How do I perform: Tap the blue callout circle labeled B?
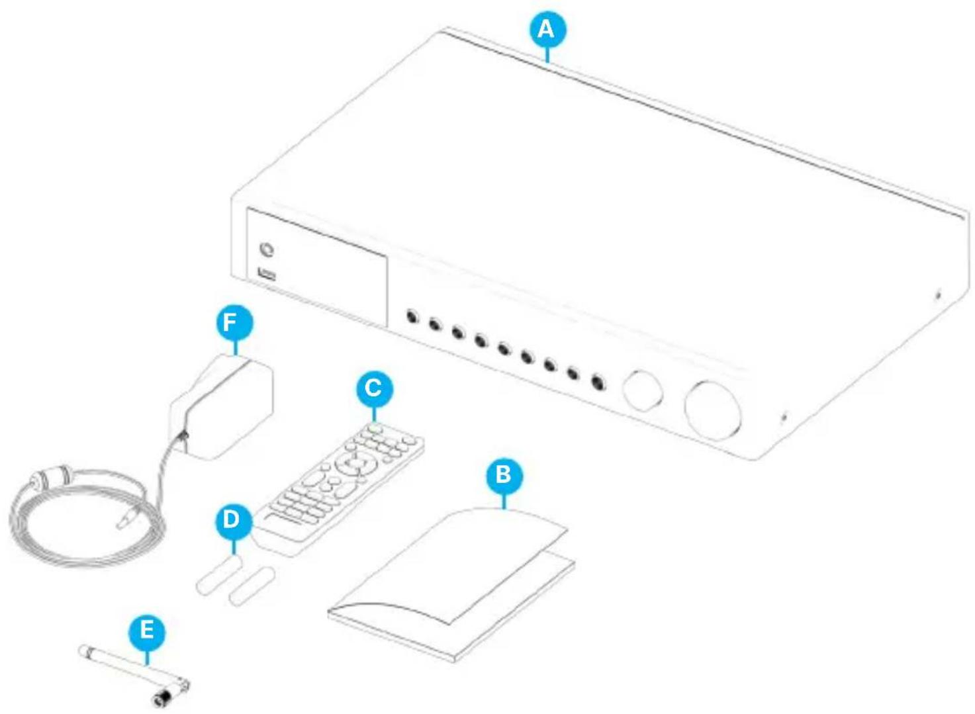tap(504, 474)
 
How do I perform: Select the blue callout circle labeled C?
tap(374, 388)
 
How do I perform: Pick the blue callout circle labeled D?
tap(234, 520)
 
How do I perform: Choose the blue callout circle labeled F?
tap(234, 323)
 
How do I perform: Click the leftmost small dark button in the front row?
tap(412, 317)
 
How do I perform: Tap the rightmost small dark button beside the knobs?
tap(597, 382)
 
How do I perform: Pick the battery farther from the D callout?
tap(252, 585)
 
